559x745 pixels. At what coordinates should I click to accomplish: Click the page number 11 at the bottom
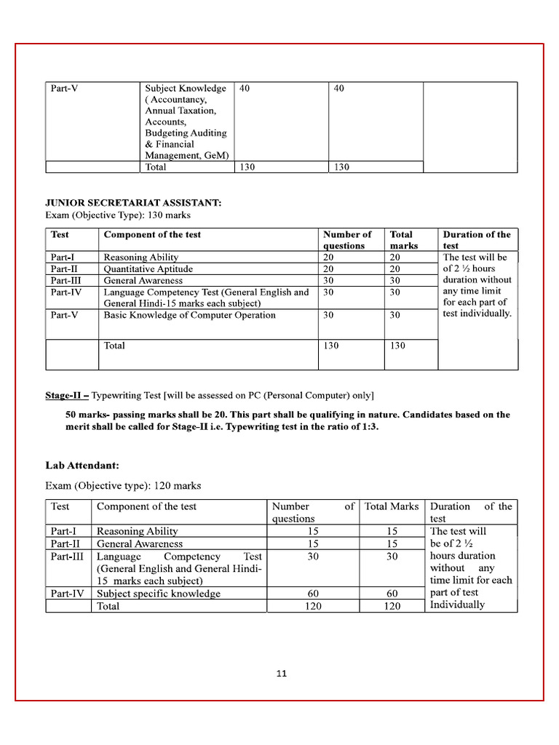tap(282, 673)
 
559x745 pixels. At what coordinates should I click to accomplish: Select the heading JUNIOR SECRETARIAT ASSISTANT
tap(133, 203)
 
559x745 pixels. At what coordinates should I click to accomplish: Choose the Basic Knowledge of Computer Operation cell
tap(189, 315)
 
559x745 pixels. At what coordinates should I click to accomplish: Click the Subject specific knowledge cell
tap(158, 594)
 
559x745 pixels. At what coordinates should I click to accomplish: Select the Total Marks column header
tap(392, 506)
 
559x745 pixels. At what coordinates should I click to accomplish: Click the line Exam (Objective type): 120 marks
tap(123, 485)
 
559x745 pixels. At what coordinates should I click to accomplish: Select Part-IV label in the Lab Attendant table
tap(68, 594)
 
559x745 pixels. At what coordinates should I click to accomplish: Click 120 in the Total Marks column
tap(392, 606)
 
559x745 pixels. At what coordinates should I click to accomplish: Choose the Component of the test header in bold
tap(152, 234)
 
